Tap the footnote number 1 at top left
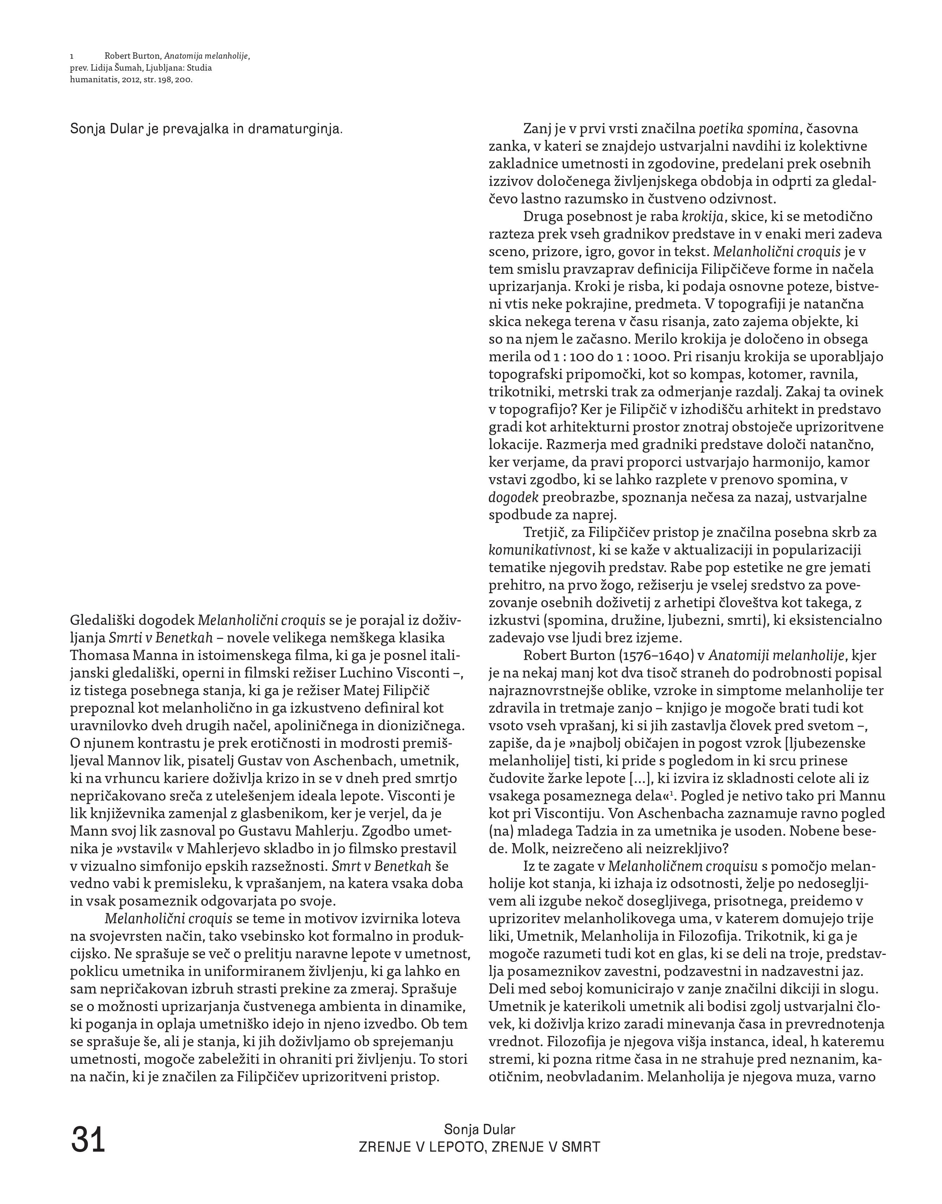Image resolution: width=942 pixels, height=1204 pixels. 72,56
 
